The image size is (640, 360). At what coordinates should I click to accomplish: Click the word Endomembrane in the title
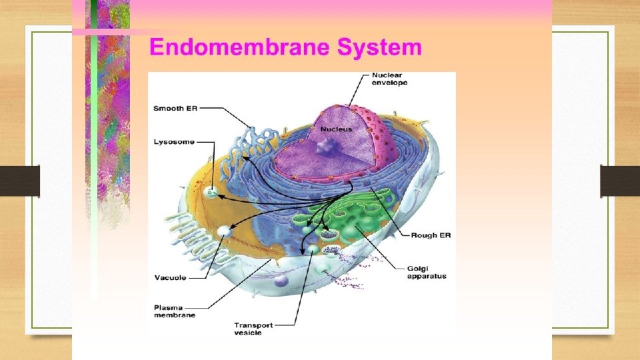pyautogui.click(x=240, y=47)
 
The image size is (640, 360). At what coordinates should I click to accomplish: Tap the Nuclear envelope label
pyautogui.click(x=389, y=79)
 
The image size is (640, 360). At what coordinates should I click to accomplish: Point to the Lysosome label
pyautogui.click(x=174, y=141)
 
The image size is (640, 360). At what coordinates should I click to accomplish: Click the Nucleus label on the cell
pyautogui.click(x=335, y=129)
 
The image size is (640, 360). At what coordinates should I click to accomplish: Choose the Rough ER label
pyautogui.click(x=431, y=235)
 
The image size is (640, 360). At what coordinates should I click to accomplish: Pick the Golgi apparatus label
pyautogui.click(x=427, y=271)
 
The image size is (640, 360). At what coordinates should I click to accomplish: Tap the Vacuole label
pyautogui.click(x=170, y=277)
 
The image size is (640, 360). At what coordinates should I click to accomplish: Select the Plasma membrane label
pyautogui.click(x=174, y=311)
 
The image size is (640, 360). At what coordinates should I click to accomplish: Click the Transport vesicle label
pyautogui.click(x=253, y=329)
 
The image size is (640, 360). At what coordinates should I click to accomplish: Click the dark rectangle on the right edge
pyautogui.click(x=619, y=181)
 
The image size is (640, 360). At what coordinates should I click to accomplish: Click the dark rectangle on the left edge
pyautogui.click(x=19, y=181)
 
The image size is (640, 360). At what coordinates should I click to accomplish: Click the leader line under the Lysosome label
pyautogui.click(x=214, y=167)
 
